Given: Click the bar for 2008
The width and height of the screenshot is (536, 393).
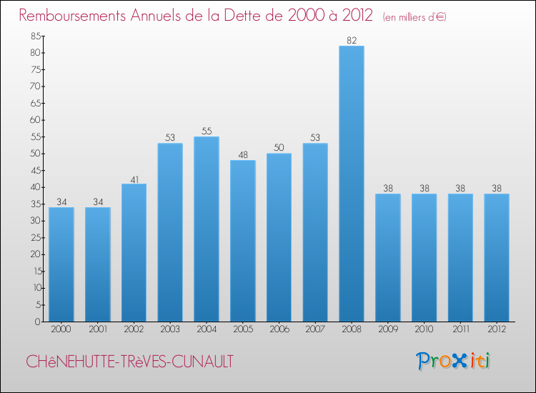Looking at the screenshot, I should (351, 184).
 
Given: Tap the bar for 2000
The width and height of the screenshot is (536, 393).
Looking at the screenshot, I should (61, 264).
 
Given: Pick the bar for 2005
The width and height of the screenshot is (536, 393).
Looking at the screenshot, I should (242, 241).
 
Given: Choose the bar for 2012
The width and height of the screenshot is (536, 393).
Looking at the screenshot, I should (496, 257).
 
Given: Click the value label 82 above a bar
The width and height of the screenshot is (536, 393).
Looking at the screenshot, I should (351, 41).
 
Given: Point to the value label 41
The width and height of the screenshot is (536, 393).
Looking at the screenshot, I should (134, 179).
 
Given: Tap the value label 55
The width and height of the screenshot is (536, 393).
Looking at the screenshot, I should (206, 131).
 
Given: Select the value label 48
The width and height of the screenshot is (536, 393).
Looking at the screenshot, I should (242, 155).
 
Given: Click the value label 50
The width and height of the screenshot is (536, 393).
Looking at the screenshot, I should (279, 148).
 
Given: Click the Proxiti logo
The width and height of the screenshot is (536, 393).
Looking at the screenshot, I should (454, 361).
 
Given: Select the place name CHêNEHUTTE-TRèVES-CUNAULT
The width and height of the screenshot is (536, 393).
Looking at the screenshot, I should (129, 362).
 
